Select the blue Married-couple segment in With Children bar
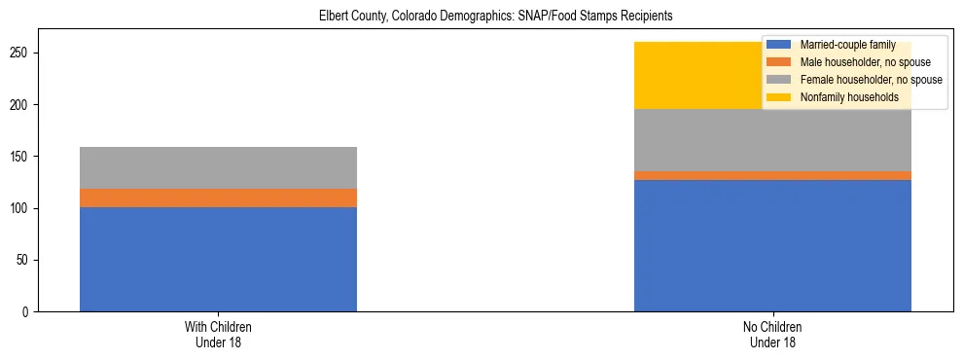[218, 259]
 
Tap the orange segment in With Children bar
[218, 198]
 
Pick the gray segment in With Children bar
[218, 167]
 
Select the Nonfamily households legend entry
[849, 97]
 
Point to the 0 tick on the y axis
[28, 312]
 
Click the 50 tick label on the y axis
[25, 260]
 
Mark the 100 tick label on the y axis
[22, 208]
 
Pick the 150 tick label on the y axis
[22, 157]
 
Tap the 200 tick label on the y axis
[22, 104]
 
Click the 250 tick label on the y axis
[22, 53]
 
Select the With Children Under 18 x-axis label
[218, 335]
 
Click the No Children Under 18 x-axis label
[772, 335]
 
